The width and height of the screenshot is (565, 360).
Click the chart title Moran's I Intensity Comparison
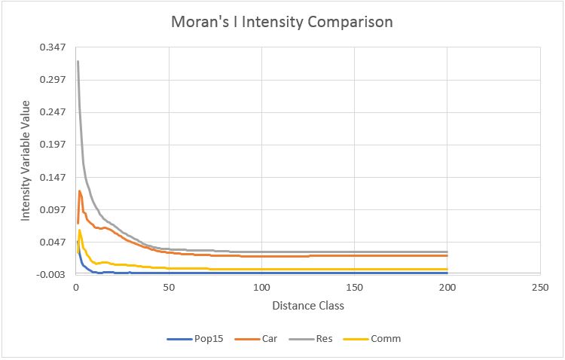282,22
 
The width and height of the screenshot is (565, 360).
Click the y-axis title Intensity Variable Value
25,160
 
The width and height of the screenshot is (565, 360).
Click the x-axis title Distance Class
308,306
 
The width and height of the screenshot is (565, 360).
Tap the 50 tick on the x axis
169,288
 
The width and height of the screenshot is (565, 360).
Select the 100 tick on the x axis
261,288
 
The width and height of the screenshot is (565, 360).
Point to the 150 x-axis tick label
354,288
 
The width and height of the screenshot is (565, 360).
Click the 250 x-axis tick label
539,288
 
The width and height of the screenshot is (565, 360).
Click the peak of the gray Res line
78,61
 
